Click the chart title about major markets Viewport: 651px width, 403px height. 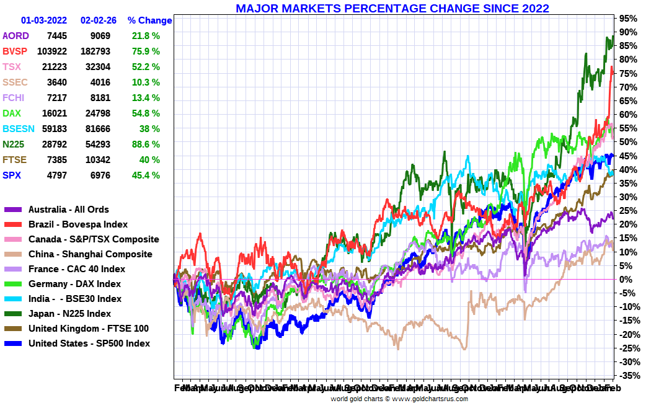coord(392,9)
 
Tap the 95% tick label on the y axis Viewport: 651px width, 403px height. coord(627,19)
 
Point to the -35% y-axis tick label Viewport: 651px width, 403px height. coord(628,376)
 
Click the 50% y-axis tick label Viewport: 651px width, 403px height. coord(627,142)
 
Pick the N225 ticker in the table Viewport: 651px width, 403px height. coord(13,144)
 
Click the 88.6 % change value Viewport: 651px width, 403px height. coord(146,144)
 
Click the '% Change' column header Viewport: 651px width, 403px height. coord(149,20)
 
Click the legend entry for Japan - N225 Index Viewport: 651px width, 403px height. coord(69,314)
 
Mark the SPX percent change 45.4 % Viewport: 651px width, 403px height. coord(146,175)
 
